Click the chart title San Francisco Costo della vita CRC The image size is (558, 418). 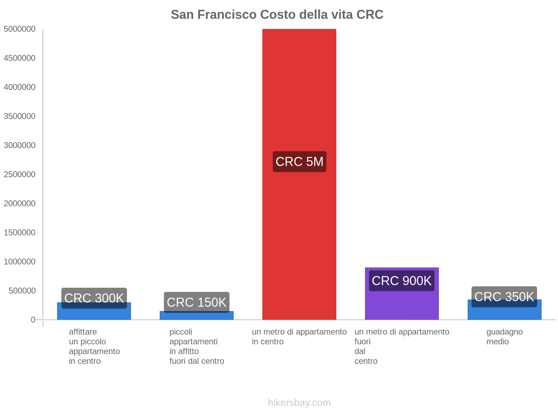(x=277, y=15)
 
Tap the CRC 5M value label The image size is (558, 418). (x=299, y=162)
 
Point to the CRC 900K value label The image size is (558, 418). (x=402, y=281)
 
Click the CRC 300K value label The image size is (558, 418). (x=94, y=298)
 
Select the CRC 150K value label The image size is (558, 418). (x=197, y=302)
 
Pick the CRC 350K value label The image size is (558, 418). (x=504, y=297)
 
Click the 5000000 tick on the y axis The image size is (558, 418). (x=20, y=29)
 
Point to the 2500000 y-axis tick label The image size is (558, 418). (x=20, y=175)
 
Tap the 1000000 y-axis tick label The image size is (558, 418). (x=20, y=262)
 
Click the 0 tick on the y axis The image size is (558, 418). (x=33, y=320)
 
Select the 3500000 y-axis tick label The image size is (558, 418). (x=20, y=116)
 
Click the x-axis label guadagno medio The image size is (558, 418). (x=504, y=337)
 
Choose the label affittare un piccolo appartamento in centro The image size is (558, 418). (x=94, y=347)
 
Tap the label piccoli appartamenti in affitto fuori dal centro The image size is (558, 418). (x=197, y=347)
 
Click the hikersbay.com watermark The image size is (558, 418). (x=299, y=403)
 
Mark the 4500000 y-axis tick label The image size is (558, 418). (x=20, y=58)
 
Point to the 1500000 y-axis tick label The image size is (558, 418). (x=20, y=233)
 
